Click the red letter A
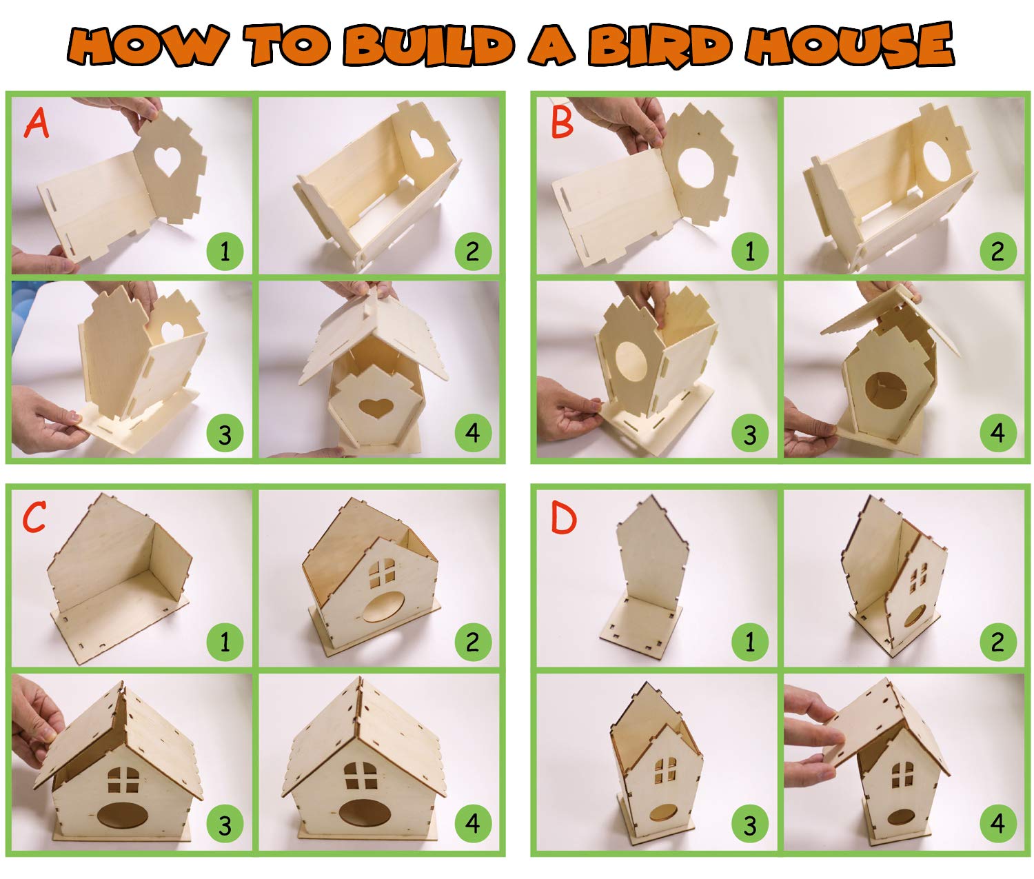(36, 124)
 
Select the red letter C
(34, 516)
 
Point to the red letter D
(563, 517)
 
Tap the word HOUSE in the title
(849, 44)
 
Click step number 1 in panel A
(225, 251)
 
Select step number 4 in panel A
(473, 433)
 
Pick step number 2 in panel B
(997, 251)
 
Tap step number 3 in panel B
(750, 433)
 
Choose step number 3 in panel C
(225, 825)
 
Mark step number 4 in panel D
(997, 824)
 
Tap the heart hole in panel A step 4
(376, 407)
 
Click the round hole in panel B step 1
(696, 170)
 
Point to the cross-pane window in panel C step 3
(123, 780)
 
